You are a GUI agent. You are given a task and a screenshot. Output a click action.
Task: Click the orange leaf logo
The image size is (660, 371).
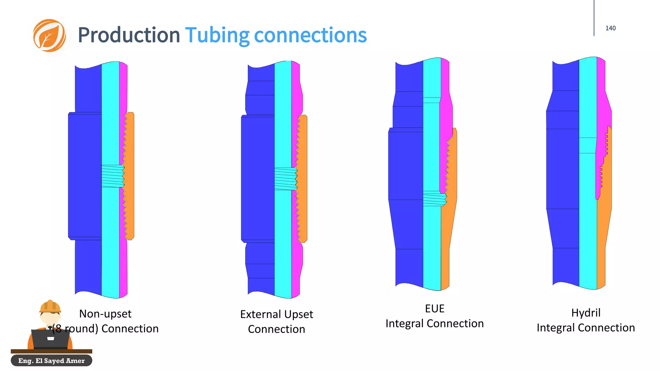click(49, 35)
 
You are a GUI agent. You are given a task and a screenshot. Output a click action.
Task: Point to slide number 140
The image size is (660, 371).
click(610, 28)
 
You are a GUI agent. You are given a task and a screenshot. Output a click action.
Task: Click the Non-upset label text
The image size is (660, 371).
click(105, 314)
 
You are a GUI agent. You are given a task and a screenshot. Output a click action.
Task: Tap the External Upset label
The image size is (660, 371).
click(277, 314)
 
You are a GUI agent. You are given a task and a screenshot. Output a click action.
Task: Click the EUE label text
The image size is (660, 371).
click(434, 309)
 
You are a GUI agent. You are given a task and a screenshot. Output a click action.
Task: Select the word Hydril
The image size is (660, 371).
click(586, 313)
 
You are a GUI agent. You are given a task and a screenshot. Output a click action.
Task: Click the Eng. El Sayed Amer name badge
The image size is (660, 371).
click(52, 361)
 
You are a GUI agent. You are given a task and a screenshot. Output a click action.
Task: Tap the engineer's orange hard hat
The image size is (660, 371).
click(50, 306)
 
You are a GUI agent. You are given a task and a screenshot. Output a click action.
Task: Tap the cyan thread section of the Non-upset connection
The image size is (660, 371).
click(112, 176)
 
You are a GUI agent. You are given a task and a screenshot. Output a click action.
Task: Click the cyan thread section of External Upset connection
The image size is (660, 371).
click(286, 179)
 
